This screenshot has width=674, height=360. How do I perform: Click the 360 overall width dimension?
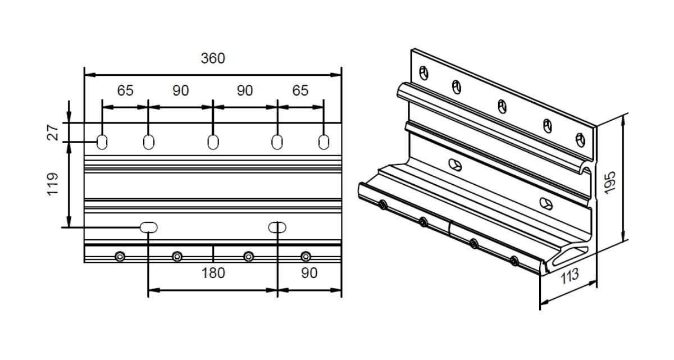213,58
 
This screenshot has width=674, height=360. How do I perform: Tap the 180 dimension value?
213,273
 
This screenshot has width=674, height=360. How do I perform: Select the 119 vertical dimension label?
53,184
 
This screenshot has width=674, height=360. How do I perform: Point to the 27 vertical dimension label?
53,133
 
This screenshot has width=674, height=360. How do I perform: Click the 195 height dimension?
610,183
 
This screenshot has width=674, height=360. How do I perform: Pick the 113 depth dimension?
570,276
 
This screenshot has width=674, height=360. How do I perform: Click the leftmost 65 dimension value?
125,90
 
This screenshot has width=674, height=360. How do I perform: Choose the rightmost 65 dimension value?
300,90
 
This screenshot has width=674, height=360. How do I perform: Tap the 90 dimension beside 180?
309,273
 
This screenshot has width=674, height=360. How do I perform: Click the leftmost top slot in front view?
102,142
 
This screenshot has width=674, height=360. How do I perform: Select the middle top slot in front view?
213,142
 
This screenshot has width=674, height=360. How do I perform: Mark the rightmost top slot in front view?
324,142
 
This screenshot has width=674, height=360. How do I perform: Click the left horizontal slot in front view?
149,227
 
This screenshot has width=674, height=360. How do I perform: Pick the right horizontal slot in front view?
277,227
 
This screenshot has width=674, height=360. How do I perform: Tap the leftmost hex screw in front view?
120,257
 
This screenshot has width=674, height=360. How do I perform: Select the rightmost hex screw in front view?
306,257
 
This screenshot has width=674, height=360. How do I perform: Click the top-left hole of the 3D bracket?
423,73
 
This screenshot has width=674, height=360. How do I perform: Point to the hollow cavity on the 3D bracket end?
570,256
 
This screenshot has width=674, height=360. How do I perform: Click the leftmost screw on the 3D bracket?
382,206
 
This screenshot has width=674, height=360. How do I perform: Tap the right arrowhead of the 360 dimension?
335,75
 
